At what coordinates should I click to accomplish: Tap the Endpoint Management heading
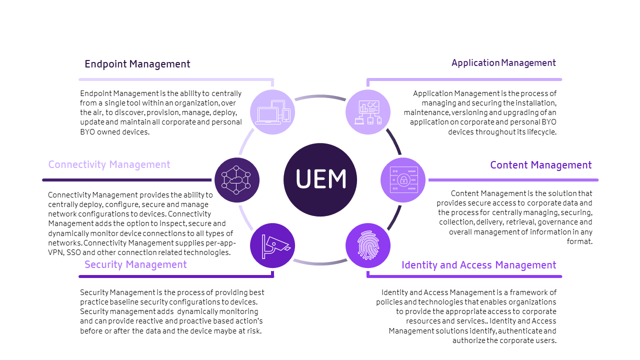coord(137,64)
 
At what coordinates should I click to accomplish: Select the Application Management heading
coord(503,63)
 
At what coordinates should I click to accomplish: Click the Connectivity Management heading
coord(109,164)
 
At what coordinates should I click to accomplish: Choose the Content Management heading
coord(540,165)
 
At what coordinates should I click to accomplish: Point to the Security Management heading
coord(135,264)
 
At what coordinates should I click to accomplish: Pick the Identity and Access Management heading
coord(478,265)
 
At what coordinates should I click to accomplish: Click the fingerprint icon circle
coord(367,245)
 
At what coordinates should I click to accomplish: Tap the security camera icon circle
coord(272,245)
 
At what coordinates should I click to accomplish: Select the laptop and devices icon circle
coord(272,112)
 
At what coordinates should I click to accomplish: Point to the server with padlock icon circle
coord(403,180)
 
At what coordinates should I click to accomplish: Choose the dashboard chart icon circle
coord(367,112)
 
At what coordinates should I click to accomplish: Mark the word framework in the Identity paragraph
coord(527,292)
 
